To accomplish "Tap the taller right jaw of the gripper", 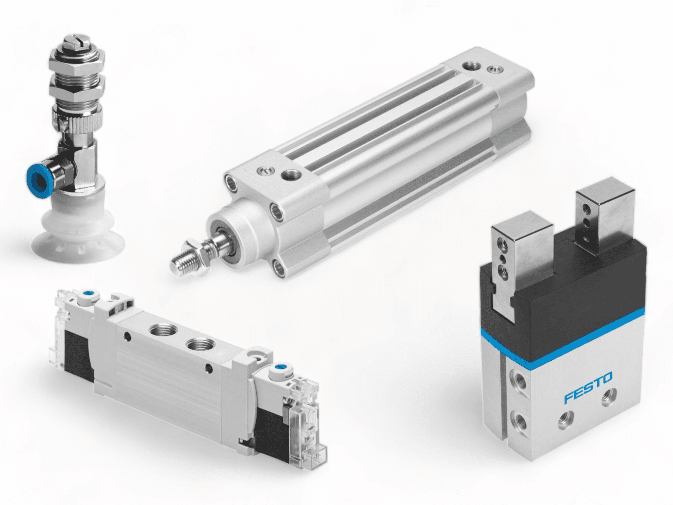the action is pyautogui.click(x=605, y=220).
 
